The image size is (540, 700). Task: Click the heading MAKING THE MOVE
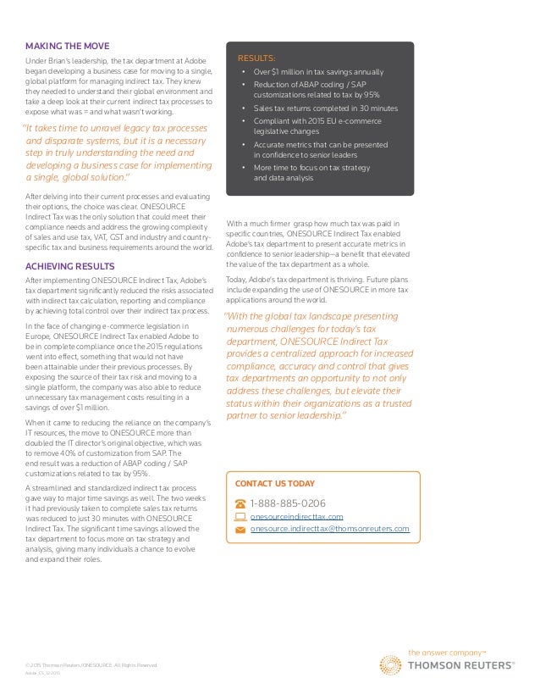click(67, 45)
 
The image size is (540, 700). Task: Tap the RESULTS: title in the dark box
click(256, 58)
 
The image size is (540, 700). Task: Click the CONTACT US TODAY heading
click(274, 483)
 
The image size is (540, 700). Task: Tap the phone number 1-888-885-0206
click(289, 503)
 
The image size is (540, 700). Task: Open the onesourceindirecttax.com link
click(297, 516)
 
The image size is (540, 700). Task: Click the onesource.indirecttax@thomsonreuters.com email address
click(330, 529)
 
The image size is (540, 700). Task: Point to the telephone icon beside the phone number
click(240, 503)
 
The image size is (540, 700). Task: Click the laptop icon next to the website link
click(240, 516)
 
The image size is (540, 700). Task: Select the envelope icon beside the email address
click(240, 530)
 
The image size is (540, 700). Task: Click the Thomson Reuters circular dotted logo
click(391, 665)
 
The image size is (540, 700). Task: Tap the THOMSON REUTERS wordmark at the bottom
click(461, 666)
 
